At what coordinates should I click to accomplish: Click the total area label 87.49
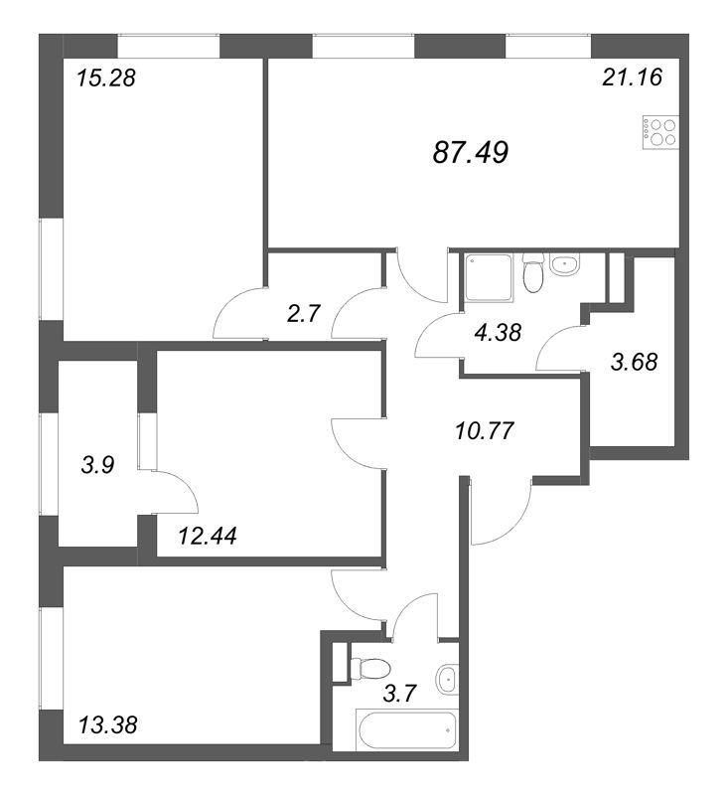click(471, 152)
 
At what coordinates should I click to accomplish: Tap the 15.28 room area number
click(106, 79)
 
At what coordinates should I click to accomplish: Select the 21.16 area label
click(633, 78)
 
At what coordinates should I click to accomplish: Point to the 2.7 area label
click(304, 313)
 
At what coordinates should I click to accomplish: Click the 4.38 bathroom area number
click(499, 333)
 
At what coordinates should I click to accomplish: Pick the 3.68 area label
click(635, 362)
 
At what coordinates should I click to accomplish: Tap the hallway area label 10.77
click(485, 431)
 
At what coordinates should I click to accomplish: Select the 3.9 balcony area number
click(98, 464)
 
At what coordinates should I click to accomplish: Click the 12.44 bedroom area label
click(208, 536)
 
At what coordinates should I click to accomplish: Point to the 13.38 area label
click(108, 725)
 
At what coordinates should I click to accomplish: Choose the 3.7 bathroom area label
click(399, 693)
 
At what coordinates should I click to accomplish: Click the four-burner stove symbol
click(660, 133)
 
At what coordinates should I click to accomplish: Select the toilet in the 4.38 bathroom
click(532, 274)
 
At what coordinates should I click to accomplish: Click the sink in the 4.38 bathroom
click(564, 264)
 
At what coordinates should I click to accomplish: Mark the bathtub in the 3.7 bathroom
click(407, 730)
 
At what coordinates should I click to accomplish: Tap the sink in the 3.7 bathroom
click(447, 677)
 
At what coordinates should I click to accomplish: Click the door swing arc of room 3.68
click(552, 339)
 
